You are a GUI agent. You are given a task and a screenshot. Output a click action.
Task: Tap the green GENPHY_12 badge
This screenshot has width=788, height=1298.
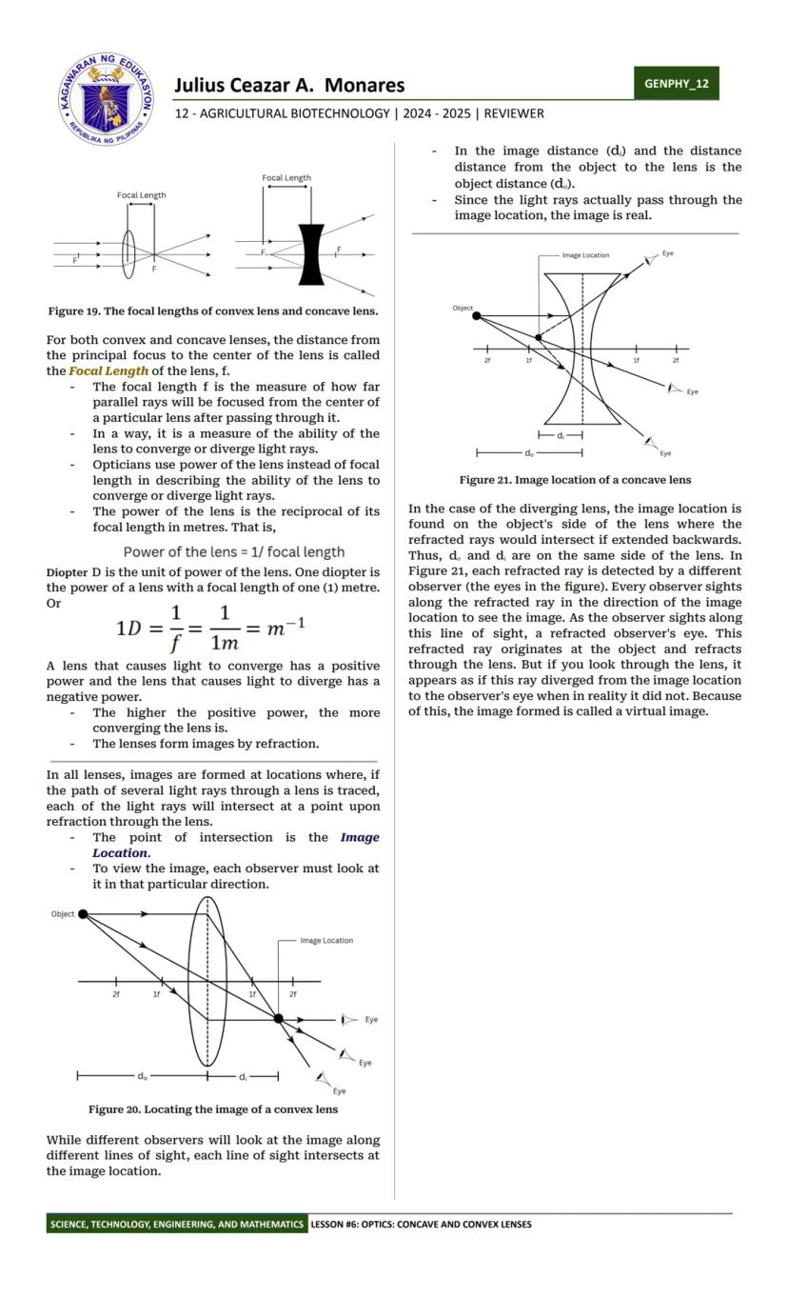(676, 83)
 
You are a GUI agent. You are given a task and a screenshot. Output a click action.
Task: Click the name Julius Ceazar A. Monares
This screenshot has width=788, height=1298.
(289, 86)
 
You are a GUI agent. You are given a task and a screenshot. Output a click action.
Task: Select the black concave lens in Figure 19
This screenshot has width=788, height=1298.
(311, 254)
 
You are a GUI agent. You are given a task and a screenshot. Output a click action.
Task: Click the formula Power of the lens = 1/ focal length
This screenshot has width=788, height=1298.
(234, 552)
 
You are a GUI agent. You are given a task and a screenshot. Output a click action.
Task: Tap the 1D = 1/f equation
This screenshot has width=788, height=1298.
(211, 628)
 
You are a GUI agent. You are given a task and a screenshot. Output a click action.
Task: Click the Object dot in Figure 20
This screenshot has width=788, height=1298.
(83, 914)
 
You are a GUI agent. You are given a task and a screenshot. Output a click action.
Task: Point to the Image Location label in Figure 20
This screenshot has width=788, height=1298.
(326, 941)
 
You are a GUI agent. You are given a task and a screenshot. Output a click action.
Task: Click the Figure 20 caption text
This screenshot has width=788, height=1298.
(213, 1109)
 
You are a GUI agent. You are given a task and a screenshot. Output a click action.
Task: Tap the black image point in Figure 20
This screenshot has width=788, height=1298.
(279, 1019)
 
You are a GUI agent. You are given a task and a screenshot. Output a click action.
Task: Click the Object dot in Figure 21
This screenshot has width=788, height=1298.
(477, 316)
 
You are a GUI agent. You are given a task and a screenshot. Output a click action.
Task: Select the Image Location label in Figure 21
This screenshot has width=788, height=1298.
(585, 255)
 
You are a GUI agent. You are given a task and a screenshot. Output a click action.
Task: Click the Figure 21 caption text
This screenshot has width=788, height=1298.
(575, 480)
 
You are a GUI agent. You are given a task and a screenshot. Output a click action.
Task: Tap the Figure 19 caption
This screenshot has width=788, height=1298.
(213, 311)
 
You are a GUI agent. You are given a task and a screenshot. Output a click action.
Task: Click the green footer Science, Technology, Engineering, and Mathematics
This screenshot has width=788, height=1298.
(176, 1225)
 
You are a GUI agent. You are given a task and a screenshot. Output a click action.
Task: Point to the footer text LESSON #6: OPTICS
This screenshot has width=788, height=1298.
(420, 1225)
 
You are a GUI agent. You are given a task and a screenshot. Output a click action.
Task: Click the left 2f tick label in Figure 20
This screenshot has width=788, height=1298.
(116, 993)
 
